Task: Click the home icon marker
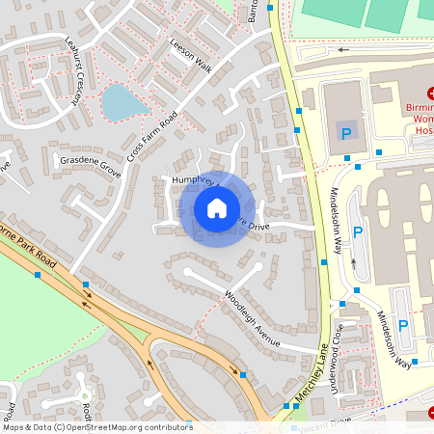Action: coord(217,207)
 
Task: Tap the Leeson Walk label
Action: coord(190,55)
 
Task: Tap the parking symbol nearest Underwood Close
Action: coord(402,326)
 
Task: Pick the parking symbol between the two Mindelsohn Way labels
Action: coord(358,232)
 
